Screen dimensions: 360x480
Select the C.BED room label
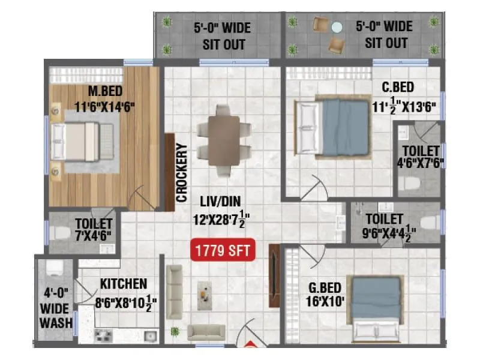click(x=398, y=87)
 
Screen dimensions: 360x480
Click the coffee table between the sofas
click(x=206, y=295)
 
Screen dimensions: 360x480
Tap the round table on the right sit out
click(x=337, y=27)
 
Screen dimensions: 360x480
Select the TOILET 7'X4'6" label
click(x=94, y=229)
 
